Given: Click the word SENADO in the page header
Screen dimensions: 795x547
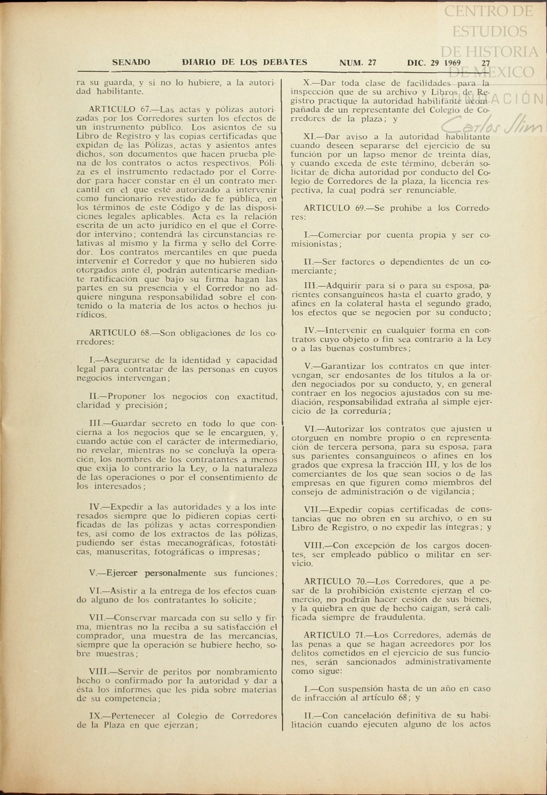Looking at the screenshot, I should point(131,62).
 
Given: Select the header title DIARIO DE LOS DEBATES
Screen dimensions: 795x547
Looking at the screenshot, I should point(244,62).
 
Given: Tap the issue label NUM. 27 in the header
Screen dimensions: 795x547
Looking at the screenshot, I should point(357,62).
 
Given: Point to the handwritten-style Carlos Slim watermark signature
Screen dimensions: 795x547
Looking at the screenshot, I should point(491,125).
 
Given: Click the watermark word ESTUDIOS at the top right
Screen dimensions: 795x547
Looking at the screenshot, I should point(489,31).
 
